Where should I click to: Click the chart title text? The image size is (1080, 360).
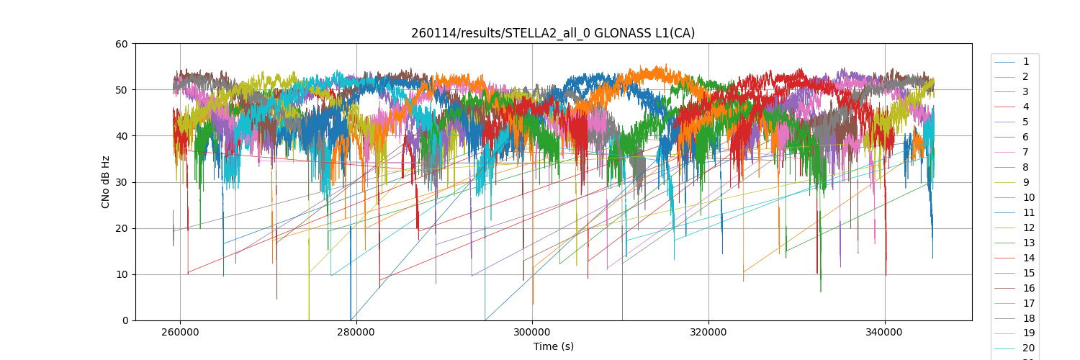pyautogui.click(x=553, y=33)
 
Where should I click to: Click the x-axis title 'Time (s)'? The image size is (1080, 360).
pyautogui.click(x=553, y=346)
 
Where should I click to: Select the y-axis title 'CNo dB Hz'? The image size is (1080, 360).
pyautogui.click(x=106, y=182)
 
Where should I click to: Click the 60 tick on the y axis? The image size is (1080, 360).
pyautogui.click(x=122, y=44)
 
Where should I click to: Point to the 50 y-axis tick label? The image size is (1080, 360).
pyautogui.click(x=122, y=90)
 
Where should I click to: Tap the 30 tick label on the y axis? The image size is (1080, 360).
pyautogui.click(x=122, y=182)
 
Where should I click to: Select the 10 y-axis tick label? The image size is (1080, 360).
pyautogui.click(x=122, y=274)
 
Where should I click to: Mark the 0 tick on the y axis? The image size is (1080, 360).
pyautogui.click(x=125, y=320)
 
